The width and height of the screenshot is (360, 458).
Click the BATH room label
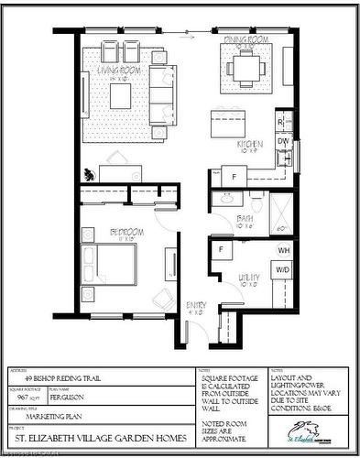coord(245,218)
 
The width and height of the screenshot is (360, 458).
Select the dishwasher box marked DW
coord(283,142)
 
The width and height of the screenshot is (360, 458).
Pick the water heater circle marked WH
coord(284,250)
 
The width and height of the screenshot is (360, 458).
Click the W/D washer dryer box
coord(283,270)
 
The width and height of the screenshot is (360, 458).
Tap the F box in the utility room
coord(222,249)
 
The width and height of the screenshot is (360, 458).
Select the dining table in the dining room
coord(246,66)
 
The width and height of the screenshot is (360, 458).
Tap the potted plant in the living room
coord(89,174)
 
